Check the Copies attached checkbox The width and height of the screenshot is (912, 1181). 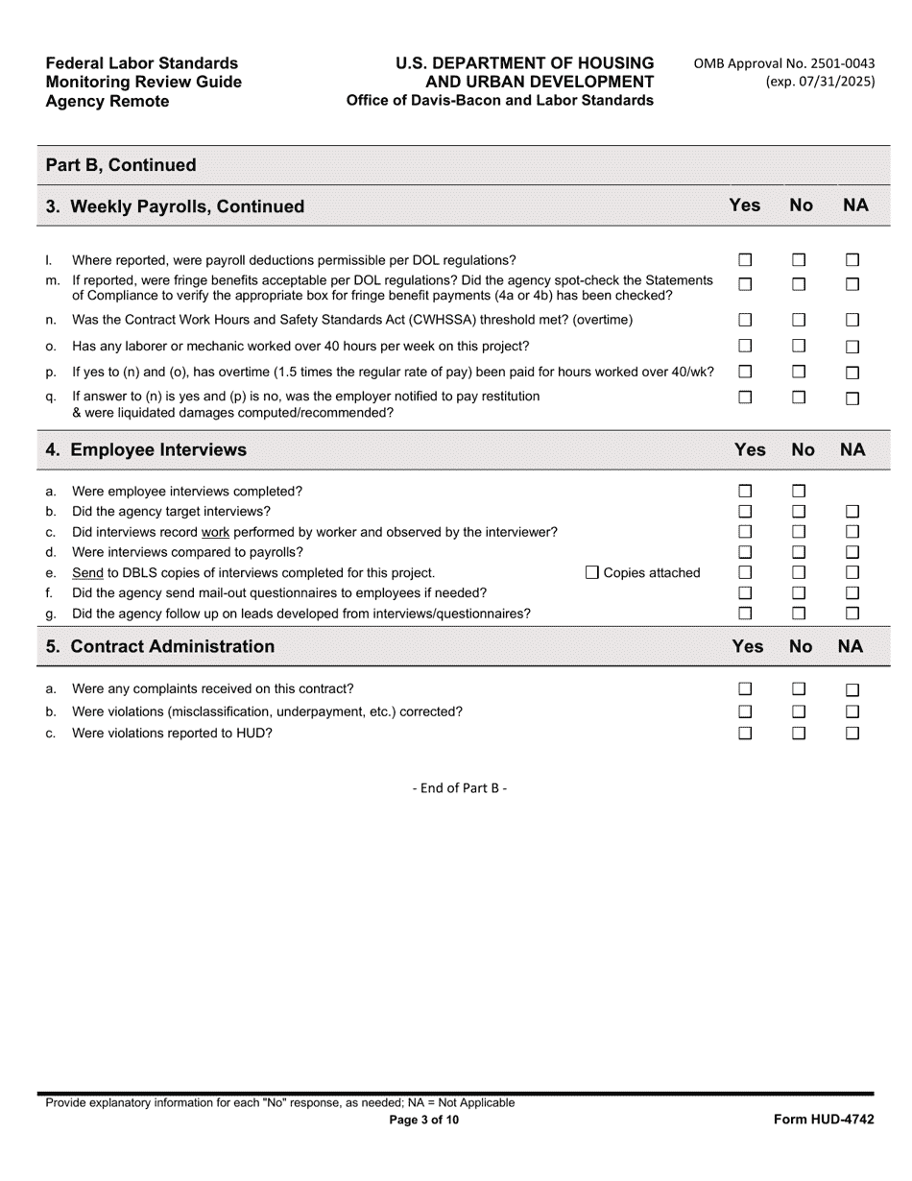pos(592,573)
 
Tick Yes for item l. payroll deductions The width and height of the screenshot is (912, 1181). pos(745,260)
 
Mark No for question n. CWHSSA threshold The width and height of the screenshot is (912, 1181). pos(799,320)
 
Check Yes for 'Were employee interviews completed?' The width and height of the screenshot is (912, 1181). pos(745,492)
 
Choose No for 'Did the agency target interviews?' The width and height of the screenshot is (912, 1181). pos(799,512)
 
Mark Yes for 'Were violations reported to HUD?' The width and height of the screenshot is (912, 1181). pos(745,734)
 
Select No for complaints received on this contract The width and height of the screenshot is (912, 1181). pos(799,689)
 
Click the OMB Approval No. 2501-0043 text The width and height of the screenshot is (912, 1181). pos(784,63)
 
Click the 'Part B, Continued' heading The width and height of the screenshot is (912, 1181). pos(121,165)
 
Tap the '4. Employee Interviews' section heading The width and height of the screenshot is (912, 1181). pos(146,450)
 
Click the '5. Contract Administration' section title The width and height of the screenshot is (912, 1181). pos(160,646)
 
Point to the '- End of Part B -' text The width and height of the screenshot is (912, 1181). pos(460,788)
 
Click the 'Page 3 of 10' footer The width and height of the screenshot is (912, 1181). pos(423,1120)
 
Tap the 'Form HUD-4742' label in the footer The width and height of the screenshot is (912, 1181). pos(824,1120)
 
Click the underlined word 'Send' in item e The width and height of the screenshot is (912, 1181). pos(87,573)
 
